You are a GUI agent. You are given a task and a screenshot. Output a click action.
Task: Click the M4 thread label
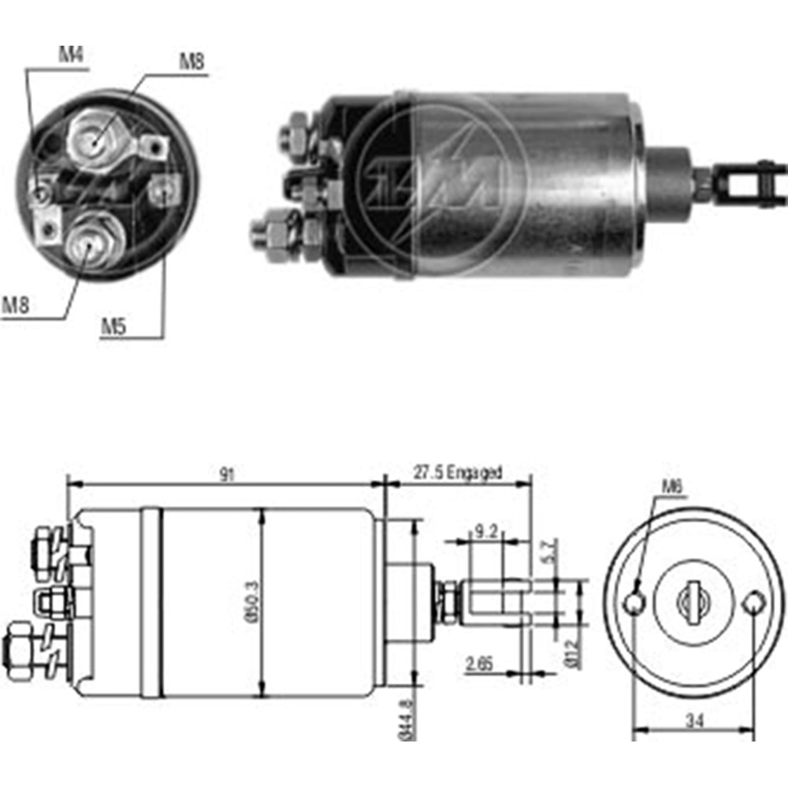click(72, 54)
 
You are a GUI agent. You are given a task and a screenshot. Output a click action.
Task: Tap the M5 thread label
click(113, 325)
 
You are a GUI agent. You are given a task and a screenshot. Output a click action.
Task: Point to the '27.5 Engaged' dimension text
click(457, 474)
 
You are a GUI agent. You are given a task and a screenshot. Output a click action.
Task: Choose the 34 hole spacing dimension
click(694, 719)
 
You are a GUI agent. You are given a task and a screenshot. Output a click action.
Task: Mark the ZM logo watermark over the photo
click(437, 185)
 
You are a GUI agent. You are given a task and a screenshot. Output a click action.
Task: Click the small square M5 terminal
click(163, 189)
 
